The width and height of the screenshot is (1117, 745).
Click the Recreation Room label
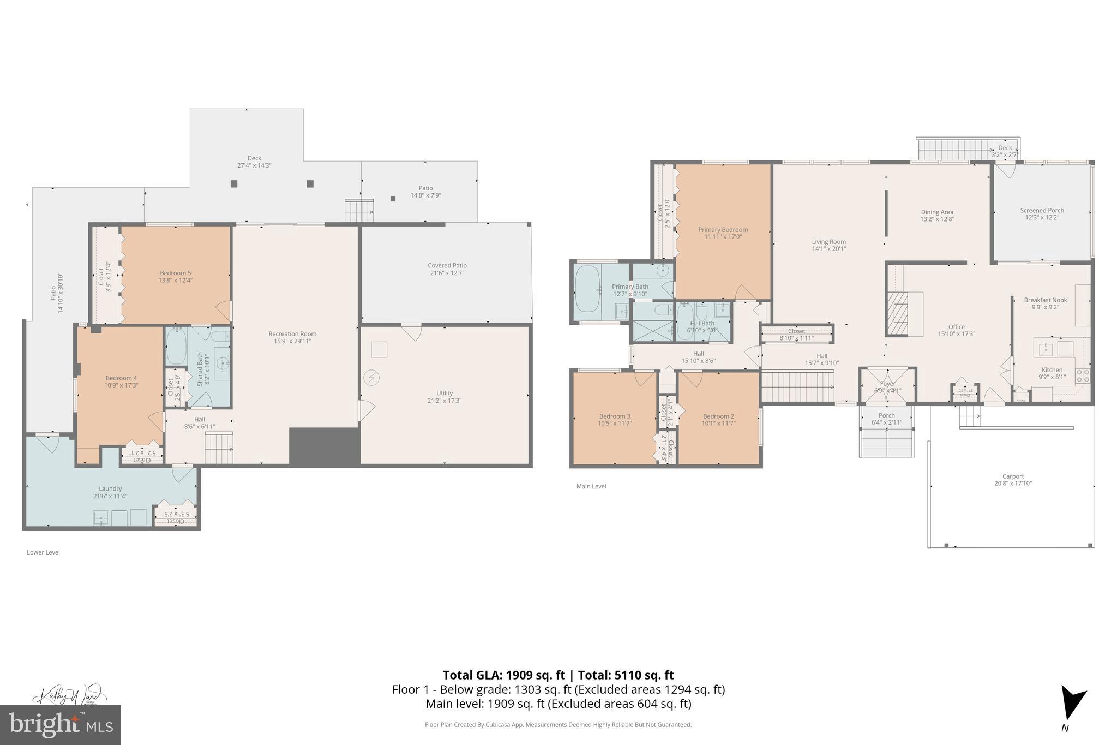coord(292,334)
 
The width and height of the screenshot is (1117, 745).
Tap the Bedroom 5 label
coord(175,273)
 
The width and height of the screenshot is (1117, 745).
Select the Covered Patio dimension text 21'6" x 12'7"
coord(447,273)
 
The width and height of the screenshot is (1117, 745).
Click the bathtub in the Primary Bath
coord(587,289)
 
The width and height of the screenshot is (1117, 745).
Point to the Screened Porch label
coord(1042,210)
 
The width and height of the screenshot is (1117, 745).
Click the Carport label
coord(1013,476)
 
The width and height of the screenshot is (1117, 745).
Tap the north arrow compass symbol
coord(1072,710)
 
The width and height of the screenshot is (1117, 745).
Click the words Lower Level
coord(43,552)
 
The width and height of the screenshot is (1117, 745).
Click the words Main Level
coord(591,486)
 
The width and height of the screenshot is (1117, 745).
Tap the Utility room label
coord(445,393)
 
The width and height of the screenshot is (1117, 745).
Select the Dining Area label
coord(937,212)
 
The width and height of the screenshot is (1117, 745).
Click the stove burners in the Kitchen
coord(1082,376)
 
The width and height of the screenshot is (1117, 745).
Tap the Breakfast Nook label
coord(1045,300)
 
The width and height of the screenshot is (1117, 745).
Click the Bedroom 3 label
coord(614,416)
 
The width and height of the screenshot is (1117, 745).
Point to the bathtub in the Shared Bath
coord(176,345)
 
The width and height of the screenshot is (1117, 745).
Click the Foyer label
coord(887,384)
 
